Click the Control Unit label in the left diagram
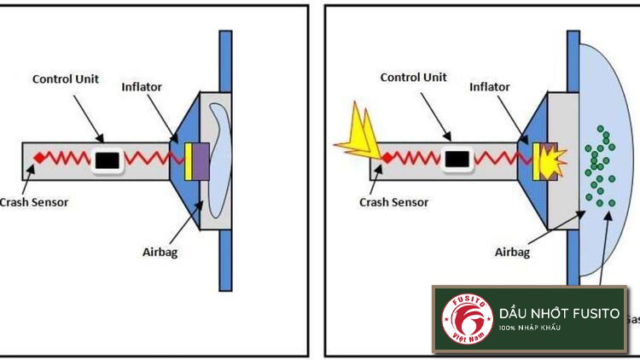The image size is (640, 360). [x=66, y=79]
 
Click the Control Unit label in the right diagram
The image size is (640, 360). [x=414, y=77]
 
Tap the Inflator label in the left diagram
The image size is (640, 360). [x=142, y=87]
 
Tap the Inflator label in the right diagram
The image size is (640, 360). [x=490, y=86]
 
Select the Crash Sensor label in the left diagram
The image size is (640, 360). [x=33, y=202]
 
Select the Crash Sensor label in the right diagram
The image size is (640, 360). [x=393, y=202]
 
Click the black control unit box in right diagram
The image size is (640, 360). [x=459, y=159]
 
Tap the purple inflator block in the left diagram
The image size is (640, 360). [x=201, y=160]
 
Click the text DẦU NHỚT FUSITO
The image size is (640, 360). [x=560, y=314]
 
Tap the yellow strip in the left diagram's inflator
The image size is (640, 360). [x=188, y=160]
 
